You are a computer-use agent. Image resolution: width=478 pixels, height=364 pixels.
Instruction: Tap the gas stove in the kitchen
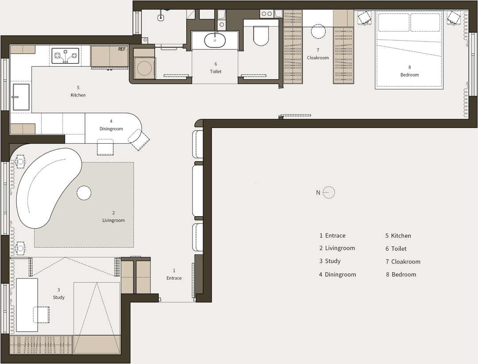[x=65, y=56]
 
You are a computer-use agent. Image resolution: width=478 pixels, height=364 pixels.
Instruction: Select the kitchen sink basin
[x=21, y=97]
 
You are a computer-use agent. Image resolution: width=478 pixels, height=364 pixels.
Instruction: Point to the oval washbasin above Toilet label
[x=215, y=40]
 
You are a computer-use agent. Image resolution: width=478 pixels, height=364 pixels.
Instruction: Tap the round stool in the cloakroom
[x=318, y=31]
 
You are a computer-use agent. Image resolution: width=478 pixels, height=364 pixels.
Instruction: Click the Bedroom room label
[x=409, y=75]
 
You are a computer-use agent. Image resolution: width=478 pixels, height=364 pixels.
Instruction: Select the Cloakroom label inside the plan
[x=318, y=57]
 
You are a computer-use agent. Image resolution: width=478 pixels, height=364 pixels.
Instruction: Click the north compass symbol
[x=328, y=192]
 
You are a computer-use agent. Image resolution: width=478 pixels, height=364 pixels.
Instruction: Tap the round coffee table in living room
[x=84, y=193]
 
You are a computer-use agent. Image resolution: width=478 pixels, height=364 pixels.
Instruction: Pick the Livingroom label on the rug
[x=113, y=220]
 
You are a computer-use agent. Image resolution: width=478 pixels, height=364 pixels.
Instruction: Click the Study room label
[x=58, y=297]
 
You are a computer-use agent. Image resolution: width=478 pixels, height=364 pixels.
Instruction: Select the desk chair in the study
[x=41, y=314]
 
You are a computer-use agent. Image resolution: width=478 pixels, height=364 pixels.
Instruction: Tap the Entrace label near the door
[x=174, y=278]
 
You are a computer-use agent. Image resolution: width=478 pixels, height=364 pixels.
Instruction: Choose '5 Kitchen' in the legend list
[x=398, y=236]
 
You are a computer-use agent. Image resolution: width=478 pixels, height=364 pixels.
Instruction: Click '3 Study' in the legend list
[x=330, y=261]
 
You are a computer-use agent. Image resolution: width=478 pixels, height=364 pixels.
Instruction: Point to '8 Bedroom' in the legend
[x=401, y=275]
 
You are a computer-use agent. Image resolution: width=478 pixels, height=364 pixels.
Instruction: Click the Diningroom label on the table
[x=111, y=129]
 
